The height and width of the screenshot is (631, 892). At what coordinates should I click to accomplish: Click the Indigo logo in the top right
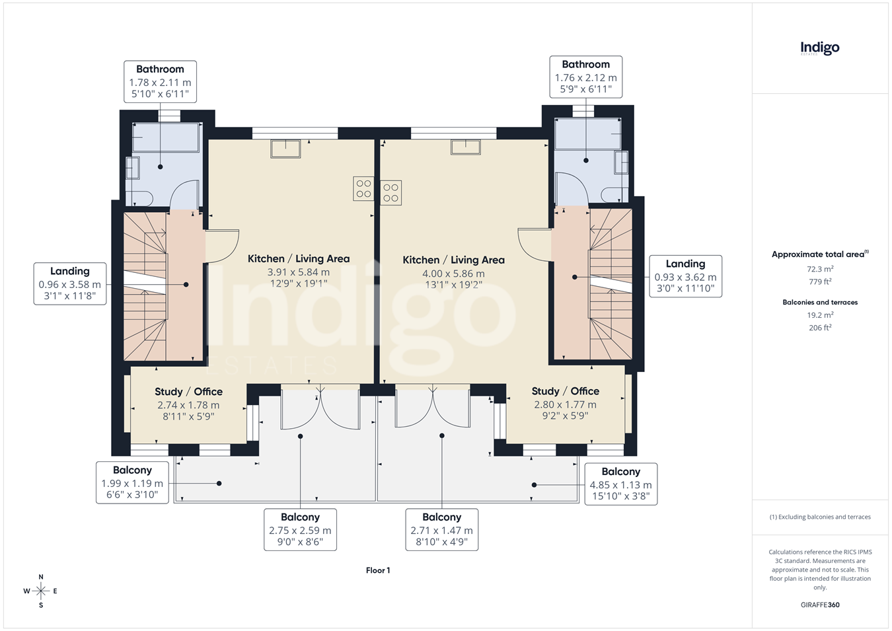tap(820, 49)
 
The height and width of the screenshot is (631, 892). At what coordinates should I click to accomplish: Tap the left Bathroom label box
tap(160, 82)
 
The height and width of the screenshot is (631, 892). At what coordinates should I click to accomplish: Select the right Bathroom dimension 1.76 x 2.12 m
tap(586, 77)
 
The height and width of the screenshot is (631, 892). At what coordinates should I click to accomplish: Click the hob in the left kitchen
tap(363, 188)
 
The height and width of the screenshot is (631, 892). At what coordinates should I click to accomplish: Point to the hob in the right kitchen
tap(390, 193)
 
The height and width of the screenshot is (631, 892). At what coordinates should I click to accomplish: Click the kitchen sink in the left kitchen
tap(285, 149)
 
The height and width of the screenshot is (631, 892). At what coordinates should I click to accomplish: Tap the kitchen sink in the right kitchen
tap(466, 147)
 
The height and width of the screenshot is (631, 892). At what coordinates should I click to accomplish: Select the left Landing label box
tap(70, 284)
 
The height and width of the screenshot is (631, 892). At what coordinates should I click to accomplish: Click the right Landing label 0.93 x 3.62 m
tap(685, 277)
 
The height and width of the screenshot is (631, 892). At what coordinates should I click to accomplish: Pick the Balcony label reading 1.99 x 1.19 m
tap(132, 483)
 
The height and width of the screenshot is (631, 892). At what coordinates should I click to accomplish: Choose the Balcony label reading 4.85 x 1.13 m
tap(621, 484)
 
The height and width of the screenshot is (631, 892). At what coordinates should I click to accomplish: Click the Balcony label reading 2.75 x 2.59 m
tap(300, 529)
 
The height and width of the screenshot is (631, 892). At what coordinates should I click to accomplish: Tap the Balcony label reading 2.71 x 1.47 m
tap(441, 529)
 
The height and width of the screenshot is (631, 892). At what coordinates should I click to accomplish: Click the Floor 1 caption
tap(378, 570)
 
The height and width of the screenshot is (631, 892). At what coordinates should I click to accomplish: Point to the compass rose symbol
tap(41, 591)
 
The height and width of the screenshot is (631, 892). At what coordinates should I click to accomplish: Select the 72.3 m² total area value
tap(821, 269)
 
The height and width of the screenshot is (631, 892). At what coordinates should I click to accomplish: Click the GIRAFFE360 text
tap(820, 605)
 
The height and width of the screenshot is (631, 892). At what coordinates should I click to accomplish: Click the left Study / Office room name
tap(189, 392)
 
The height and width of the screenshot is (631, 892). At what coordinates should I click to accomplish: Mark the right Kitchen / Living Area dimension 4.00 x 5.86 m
tap(453, 274)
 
